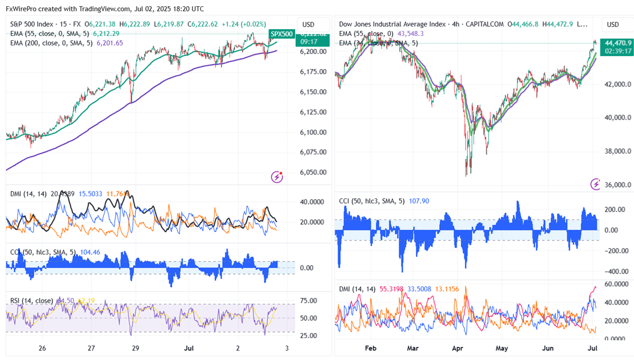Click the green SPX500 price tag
tap(281, 34)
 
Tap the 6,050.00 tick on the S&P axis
tap(313, 172)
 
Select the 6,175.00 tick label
tap(313, 71)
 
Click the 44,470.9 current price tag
tap(616, 42)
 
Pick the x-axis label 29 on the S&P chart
tap(135, 348)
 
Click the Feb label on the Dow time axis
tap(371, 348)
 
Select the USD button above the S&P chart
tap(308, 25)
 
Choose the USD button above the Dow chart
tap(613, 25)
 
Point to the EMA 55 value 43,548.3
tap(411, 34)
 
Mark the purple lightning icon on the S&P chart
tap(277, 177)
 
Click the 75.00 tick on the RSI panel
tap(309, 300)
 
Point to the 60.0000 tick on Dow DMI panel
tap(615, 284)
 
